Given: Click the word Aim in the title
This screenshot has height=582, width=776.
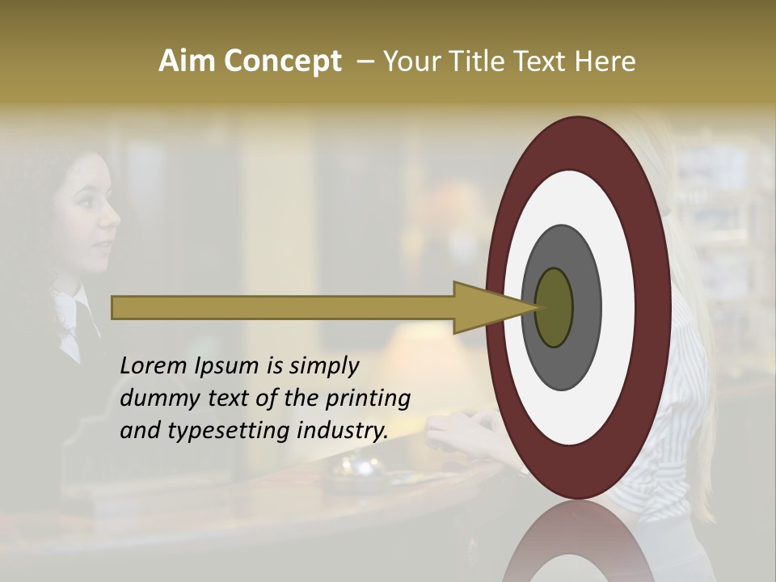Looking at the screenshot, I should pos(188,61).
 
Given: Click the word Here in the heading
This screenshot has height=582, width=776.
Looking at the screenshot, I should pos(605,61).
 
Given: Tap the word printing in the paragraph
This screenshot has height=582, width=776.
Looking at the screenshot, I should pos(370,399).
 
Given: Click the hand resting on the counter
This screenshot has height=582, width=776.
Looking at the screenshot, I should pos(465,428).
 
